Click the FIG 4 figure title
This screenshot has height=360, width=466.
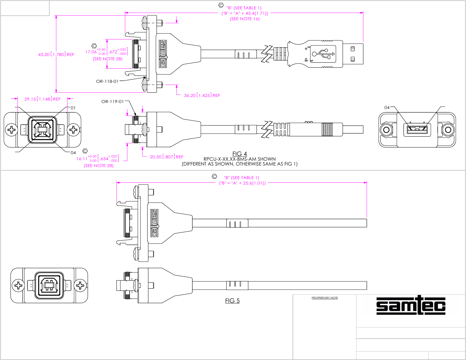click(240, 154)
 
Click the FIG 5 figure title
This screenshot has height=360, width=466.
click(232, 301)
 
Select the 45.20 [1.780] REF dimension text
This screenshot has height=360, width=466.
click(56, 54)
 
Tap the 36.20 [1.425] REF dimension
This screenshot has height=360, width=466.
click(202, 95)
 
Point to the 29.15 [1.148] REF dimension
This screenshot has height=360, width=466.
click(42, 99)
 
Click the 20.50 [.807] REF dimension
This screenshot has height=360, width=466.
click(166, 157)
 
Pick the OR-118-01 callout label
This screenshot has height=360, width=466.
click(107, 81)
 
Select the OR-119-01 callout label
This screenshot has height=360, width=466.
click(113, 101)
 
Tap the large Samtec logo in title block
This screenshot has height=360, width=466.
click(411, 305)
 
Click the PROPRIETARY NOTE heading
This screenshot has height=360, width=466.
click(325, 298)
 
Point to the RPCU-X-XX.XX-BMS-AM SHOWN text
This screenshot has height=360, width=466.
click(240, 159)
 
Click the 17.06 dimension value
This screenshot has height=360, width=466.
click(91, 52)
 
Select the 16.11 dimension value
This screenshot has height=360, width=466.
click(82, 159)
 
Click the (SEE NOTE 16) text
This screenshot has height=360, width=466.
click(245, 19)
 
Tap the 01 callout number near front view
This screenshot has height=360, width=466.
click(73, 108)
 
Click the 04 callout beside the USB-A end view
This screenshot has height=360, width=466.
click(387, 107)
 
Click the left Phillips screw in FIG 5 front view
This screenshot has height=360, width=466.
click(19, 285)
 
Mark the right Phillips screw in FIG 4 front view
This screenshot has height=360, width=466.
click(73, 130)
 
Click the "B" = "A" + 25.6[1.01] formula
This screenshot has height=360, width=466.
click(242, 183)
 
